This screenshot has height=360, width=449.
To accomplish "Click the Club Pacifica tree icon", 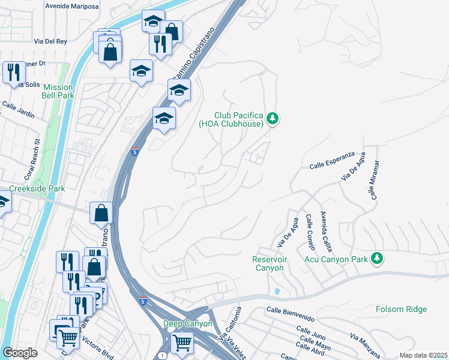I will [273, 118].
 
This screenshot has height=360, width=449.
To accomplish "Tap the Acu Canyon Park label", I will [337, 258].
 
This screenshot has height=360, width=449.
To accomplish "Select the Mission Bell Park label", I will [58, 91].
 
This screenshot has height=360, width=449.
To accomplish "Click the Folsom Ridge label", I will [401, 309].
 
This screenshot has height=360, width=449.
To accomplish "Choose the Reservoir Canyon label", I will [270, 263].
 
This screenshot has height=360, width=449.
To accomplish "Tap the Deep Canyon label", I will [188, 323].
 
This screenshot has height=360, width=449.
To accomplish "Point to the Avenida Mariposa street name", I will [71, 5].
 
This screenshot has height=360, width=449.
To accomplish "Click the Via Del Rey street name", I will [50, 42].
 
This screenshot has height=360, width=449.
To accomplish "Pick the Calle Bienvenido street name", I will [290, 313].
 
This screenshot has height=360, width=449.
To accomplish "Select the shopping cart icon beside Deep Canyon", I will [182, 343].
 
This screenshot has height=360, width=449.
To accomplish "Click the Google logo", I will [20, 353].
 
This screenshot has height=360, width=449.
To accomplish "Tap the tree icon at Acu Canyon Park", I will [377, 258].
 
